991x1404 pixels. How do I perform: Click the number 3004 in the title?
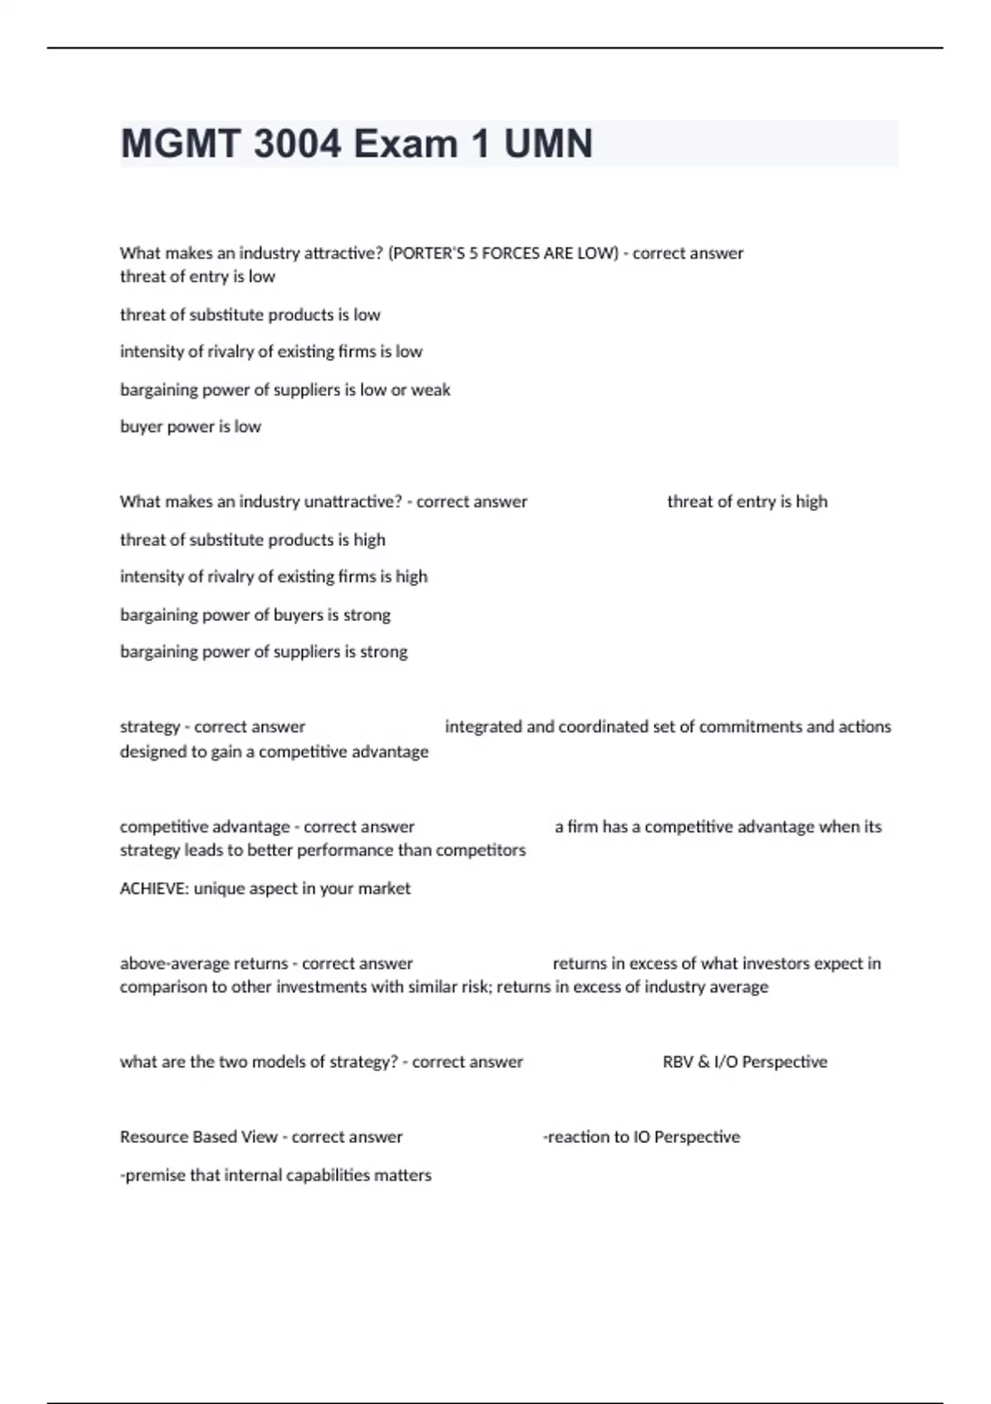tap(297, 144)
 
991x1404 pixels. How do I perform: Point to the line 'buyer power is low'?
tap(190, 427)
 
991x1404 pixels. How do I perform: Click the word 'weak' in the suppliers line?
tap(430, 390)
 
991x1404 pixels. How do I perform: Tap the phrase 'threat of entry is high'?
tap(747, 502)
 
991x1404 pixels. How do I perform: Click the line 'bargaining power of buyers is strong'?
tap(255, 615)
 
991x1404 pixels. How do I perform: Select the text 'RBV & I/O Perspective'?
tap(744, 1062)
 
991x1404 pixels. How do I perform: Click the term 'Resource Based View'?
tap(198, 1137)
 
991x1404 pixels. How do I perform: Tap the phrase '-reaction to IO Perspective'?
tap(641, 1137)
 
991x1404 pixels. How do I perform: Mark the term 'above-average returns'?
tap(203, 964)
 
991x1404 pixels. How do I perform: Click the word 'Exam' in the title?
tap(405, 144)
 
